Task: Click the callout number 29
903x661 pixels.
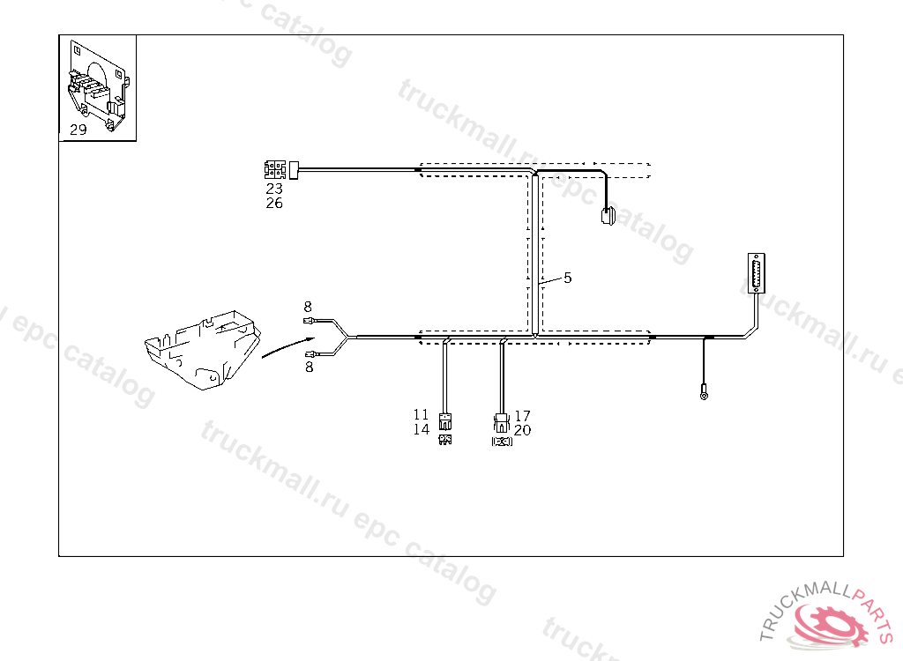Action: click(78, 130)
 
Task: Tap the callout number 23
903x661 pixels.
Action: click(274, 189)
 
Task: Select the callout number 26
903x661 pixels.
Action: click(274, 204)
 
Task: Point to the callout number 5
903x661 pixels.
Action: click(568, 278)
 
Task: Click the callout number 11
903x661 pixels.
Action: click(421, 414)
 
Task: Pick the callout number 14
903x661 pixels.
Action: click(421, 429)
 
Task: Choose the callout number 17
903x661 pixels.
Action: click(523, 416)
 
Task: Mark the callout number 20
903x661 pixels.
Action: click(523, 431)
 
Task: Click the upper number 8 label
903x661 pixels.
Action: click(308, 307)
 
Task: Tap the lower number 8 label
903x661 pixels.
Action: click(309, 368)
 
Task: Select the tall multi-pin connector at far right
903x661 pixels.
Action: click(755, 274)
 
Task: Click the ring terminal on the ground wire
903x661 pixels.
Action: click(704, 395)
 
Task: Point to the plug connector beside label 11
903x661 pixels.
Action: click(445, 420)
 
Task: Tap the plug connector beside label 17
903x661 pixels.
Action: click(502, 420)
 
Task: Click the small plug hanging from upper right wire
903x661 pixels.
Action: click(608, 216)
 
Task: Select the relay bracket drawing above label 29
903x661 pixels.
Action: click(97, 86)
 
